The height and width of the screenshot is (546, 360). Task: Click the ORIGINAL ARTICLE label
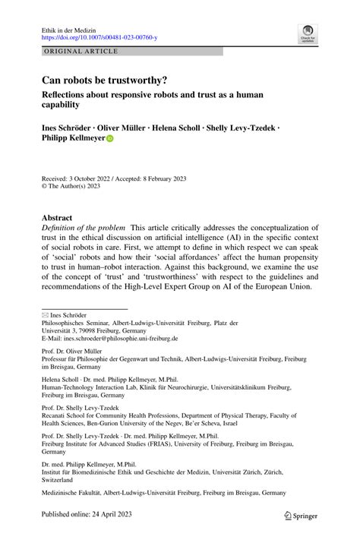tap(81, 52)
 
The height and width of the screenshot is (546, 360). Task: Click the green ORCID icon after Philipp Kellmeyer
tap(109, 139)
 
